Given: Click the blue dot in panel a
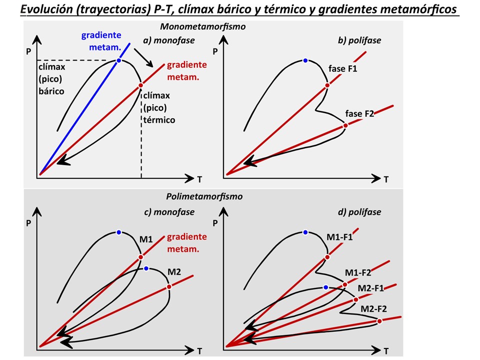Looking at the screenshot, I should coord(119,60).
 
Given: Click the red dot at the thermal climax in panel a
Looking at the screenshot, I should coord(140,85).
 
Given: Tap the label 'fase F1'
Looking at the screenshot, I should coord(342,68).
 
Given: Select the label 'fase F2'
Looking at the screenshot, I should coord(360,113).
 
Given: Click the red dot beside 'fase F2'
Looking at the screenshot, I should coord(345,126).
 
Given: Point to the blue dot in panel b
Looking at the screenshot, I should coord(305,60).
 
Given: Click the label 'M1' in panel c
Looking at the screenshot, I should coord(145,239).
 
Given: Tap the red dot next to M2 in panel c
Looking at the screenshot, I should coord(169,286).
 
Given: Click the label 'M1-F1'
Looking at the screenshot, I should coord(339,237).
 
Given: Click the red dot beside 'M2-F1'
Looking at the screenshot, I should coord(355,299).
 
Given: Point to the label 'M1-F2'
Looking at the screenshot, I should coord(358,272).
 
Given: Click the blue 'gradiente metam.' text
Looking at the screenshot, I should coord(101,40).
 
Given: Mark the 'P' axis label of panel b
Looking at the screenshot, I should coord(215,51).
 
